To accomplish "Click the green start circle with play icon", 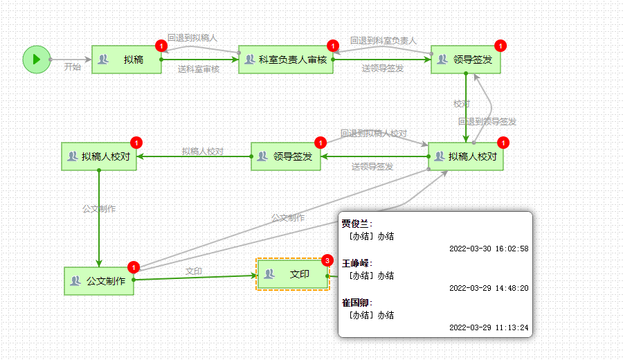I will [36, 59].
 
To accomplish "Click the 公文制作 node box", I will [99, 280].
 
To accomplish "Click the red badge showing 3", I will [327, 260].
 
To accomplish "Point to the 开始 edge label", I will [72, 67].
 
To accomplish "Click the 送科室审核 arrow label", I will [199, 69].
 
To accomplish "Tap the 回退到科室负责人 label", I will [383, 41].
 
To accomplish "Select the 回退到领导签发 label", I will [487, 121].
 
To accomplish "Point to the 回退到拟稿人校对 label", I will [373, 133].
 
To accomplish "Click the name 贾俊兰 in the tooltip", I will [356, 224].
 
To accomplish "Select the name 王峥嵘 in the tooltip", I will [356, 263].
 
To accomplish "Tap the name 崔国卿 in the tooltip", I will [356, 303].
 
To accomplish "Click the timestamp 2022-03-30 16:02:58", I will [489, 249].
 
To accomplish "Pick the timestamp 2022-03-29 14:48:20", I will [489, 288].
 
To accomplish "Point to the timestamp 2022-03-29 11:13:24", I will [489, 327].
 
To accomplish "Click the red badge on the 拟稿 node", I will [161, 46].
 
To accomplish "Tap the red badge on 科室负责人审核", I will [332, 46].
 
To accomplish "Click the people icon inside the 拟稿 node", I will [104, 60].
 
